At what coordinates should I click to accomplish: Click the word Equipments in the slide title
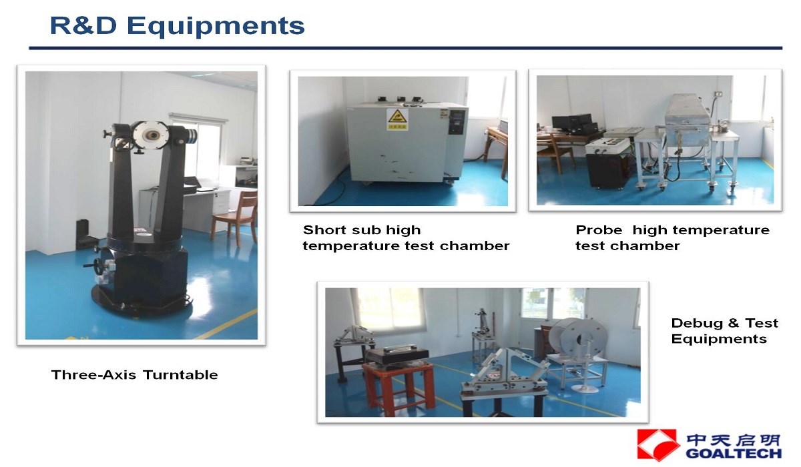216,27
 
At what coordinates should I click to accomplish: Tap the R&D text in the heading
83,25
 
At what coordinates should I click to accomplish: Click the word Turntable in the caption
180,375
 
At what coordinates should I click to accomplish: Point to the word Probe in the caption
599,229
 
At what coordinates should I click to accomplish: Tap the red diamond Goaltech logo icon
658,445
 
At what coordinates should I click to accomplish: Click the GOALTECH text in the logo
734,454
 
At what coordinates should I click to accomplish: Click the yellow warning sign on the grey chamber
397,119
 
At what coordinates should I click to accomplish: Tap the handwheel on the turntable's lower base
95,266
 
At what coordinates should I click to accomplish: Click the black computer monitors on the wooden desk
574,123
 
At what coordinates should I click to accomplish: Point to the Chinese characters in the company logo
734,440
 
